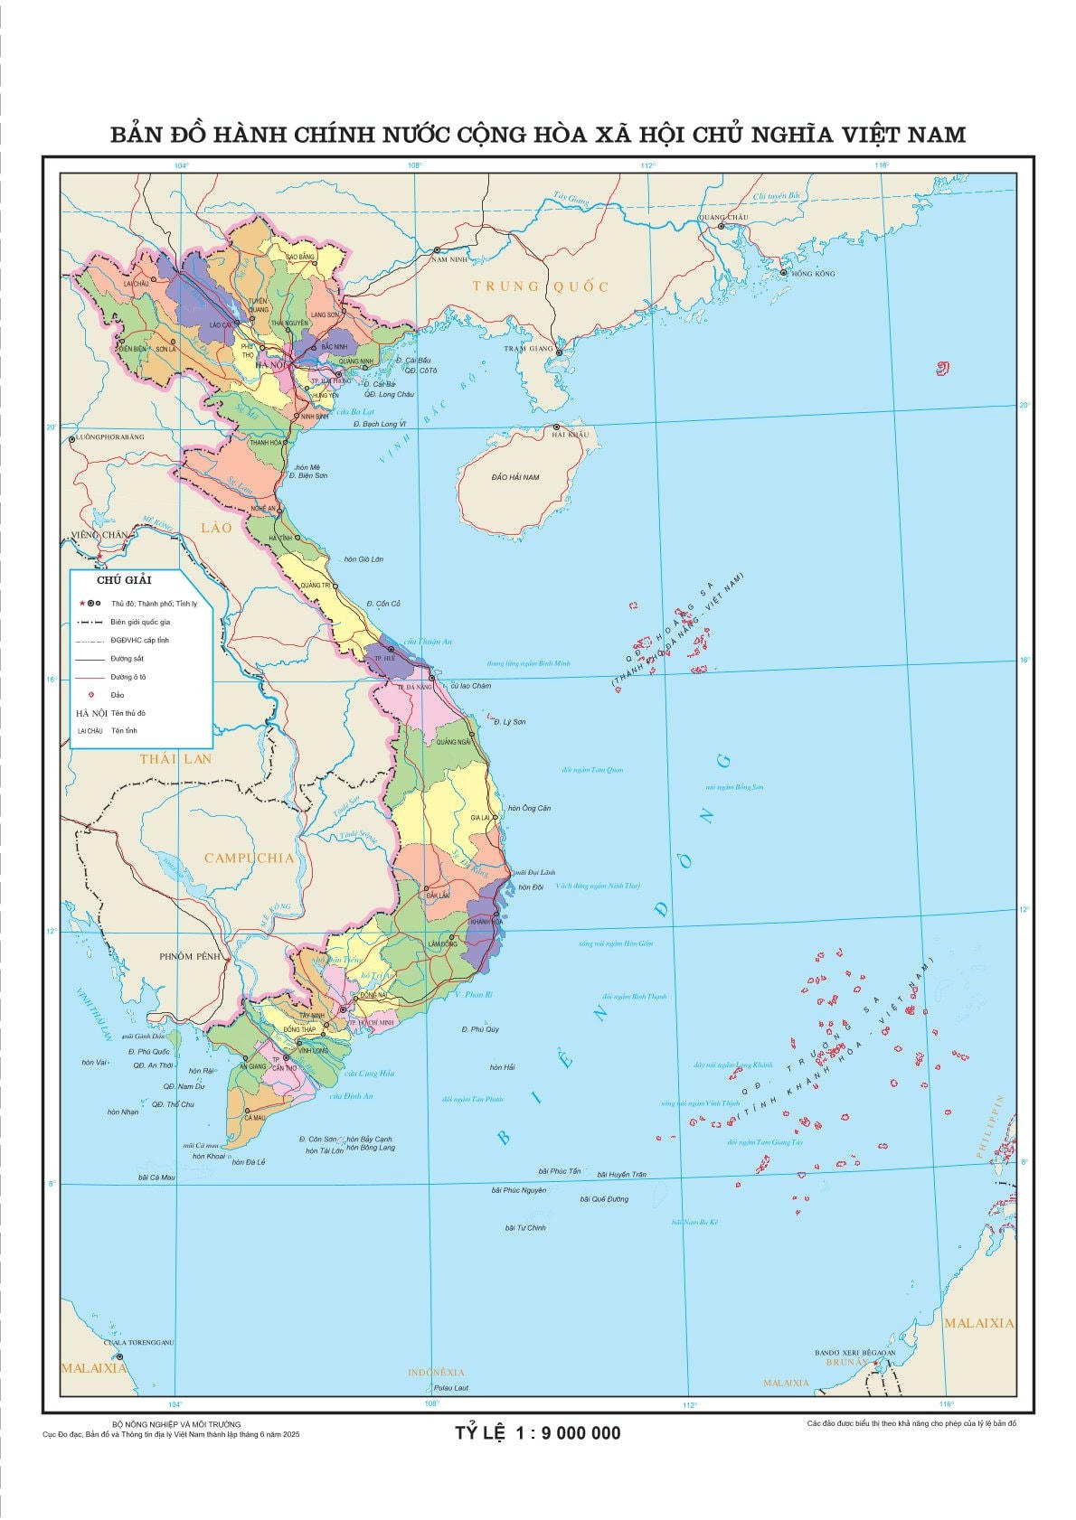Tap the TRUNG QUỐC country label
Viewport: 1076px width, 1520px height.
[541, 286]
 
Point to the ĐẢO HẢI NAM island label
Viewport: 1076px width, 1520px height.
[515, 476]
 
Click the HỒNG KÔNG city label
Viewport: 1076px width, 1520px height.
[813, 273]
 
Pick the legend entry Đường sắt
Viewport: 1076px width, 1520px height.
[127, 659]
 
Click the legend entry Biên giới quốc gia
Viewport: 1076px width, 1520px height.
[140, 622]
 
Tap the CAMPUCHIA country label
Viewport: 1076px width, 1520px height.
[249, 858]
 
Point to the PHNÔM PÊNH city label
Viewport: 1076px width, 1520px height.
[190, 955]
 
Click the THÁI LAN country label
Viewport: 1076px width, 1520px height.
[175, 758]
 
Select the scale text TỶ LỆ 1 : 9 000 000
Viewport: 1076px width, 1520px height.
[537, 1433]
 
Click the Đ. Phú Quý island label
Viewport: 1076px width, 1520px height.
[480, 1029]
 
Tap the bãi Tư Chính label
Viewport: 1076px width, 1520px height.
[525, 1227]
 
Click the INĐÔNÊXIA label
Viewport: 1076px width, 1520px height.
[435, 1372]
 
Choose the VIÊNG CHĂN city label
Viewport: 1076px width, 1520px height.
[99, 535]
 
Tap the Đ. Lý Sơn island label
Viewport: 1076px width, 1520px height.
[509, 722]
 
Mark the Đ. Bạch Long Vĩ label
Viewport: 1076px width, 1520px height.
[380, 424]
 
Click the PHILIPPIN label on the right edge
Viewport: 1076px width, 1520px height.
[1002, 1126]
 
